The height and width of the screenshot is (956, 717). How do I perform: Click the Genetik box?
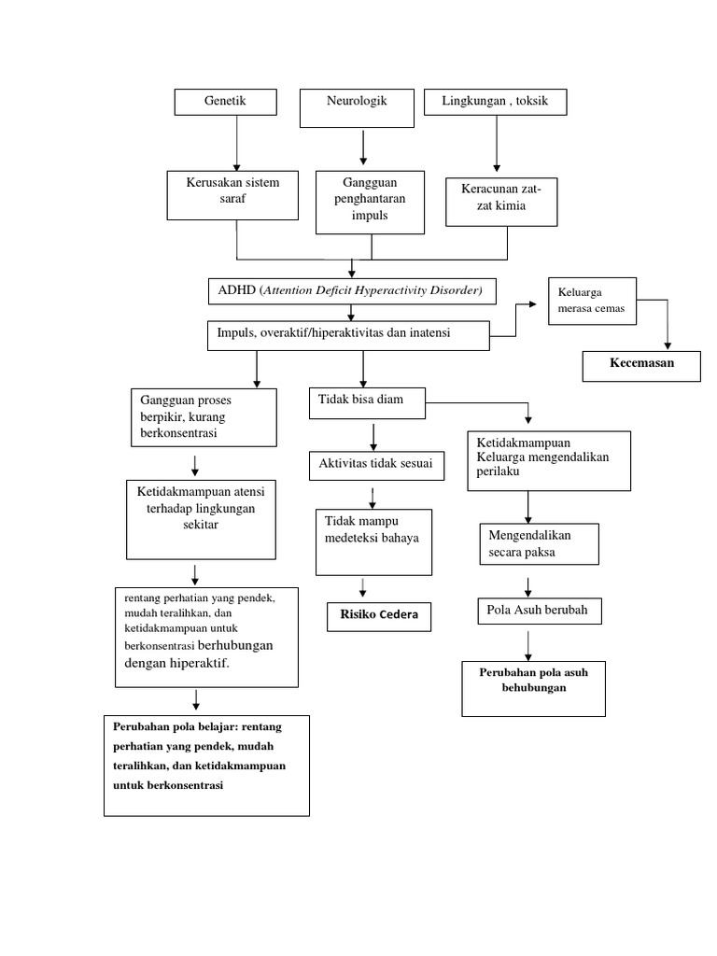click(x=226, y=103)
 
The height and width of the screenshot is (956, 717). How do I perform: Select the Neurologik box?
click(x=357, y=107)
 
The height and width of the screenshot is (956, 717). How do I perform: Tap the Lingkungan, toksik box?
click(x=495, y=102)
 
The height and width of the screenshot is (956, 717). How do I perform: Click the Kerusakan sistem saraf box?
click(x=236, y=195)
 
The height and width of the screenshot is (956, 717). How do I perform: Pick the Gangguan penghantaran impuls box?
click(x=372, y=201)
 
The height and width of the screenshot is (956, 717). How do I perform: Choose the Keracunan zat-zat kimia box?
click(x=501, y=202)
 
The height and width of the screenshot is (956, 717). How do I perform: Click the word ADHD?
click(x=236, y=290)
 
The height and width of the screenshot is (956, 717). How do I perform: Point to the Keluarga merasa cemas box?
click(x=592, y=301)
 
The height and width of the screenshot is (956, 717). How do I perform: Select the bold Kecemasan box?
click(x=641, y=365)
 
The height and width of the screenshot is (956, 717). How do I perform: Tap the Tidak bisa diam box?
click(x=367, y=402)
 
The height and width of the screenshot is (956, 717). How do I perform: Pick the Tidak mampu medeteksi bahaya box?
click(x=373, y=541)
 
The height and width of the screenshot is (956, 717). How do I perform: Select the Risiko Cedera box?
click(x=379, y=616)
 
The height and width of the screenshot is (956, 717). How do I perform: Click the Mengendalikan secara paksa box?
click(x=538, y=545)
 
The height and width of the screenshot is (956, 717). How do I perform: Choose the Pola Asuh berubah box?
click(x=540, y=611)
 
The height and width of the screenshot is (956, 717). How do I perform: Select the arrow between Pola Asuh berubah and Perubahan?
click(x=528, y=645)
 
